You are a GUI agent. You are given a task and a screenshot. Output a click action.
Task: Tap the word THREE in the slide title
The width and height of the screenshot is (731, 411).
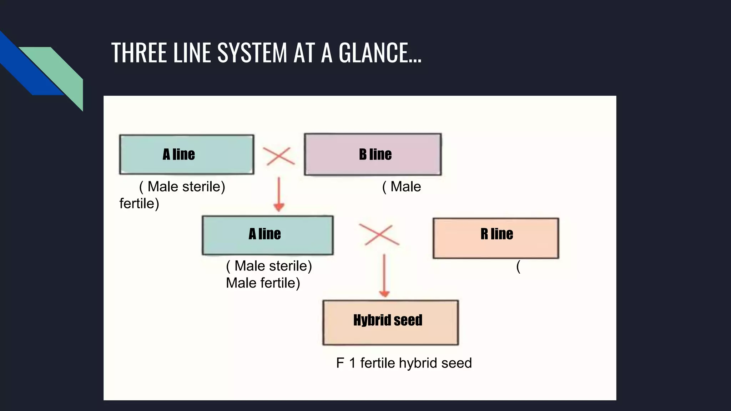(139, 52)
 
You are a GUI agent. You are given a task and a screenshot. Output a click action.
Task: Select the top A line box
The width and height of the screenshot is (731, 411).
(186, 154)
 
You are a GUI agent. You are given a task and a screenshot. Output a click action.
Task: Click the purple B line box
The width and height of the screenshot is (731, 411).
(373, 154)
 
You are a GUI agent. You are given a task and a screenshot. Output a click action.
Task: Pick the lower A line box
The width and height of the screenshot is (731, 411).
(267, 235)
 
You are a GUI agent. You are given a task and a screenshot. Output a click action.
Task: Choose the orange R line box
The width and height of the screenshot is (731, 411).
(496, 238)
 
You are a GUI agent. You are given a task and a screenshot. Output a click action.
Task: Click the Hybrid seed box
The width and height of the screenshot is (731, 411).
(390, 323)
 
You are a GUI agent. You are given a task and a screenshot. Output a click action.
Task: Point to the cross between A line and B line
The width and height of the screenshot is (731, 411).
(279, 156)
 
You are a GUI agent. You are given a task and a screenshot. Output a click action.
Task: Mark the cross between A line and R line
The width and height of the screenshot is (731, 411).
(379, 235)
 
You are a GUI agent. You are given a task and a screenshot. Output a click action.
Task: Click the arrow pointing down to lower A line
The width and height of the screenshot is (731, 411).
(279, 194)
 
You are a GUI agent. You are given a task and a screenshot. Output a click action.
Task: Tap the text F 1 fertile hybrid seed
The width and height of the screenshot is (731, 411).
(404, 363)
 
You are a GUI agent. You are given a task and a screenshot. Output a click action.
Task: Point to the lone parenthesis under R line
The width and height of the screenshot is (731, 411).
(518, 266)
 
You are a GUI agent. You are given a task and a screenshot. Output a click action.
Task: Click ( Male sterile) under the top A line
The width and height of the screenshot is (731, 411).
(182, 187)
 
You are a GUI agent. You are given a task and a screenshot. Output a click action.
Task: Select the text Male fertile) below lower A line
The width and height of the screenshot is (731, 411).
(263, 283)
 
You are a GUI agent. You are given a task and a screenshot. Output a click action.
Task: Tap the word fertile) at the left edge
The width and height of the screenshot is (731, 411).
(139, 204)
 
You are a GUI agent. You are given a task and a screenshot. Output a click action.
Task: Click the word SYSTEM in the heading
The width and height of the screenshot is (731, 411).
(252, 52)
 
